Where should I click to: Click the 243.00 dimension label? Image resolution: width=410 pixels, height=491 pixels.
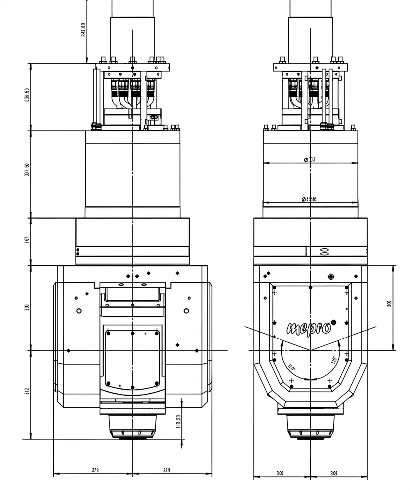83,30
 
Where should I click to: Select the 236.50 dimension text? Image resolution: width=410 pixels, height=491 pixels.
27,95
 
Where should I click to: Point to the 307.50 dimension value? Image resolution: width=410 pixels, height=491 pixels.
27,170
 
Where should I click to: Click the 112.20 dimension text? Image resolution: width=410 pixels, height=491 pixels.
178,422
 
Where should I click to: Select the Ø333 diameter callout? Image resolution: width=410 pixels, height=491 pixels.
310,160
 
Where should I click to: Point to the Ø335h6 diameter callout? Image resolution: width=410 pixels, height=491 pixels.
310,200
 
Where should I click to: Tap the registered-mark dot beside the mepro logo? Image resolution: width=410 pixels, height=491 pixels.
333,321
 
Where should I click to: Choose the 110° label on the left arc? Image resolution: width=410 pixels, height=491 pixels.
292,367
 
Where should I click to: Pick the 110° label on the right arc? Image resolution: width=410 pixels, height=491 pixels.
334,361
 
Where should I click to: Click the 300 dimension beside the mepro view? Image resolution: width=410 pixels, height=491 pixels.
389,303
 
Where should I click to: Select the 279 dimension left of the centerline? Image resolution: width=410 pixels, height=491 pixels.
95,470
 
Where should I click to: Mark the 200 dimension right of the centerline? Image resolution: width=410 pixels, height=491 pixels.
334,473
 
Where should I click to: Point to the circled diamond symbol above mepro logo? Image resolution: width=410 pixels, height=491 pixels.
331,277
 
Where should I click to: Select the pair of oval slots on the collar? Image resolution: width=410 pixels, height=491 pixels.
324,252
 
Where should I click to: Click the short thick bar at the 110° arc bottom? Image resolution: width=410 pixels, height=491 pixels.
310,379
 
